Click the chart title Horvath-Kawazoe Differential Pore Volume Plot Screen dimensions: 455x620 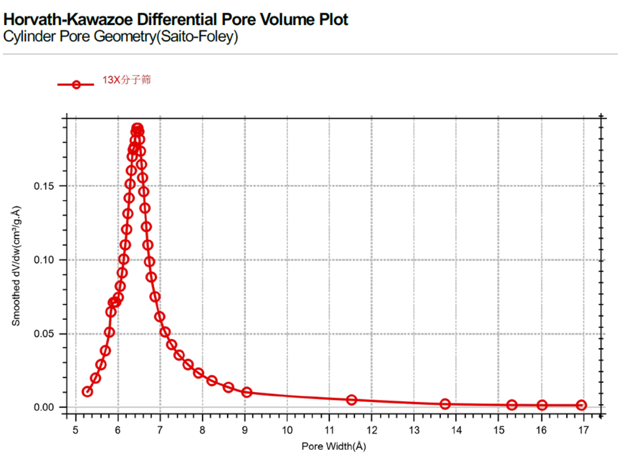pos(176,20)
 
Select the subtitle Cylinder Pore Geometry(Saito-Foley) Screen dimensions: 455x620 pos(121,37)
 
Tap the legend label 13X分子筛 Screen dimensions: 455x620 pos(127,80)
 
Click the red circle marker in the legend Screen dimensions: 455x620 pos(76,85)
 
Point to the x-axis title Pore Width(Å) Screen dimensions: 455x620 pos(334,446)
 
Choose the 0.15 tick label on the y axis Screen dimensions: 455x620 pos(47,186)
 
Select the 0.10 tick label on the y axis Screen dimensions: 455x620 pos(47,260)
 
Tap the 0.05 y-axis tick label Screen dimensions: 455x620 pos(47,334)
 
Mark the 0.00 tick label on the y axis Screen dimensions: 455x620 pos(47,408)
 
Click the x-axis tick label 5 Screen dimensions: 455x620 pos(76,430)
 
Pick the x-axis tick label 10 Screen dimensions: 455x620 pos(287,430)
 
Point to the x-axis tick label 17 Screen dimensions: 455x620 pos(583,430)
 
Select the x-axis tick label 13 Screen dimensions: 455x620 pos(414,430)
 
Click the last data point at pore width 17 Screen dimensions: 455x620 pos(581,405)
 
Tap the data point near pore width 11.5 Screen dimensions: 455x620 pos(352,400)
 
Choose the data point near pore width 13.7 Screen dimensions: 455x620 pos(445,404)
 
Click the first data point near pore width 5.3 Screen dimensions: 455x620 pos(87,391)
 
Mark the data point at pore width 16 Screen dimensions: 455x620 pos(542,405)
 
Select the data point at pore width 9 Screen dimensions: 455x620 pos(247,392)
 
